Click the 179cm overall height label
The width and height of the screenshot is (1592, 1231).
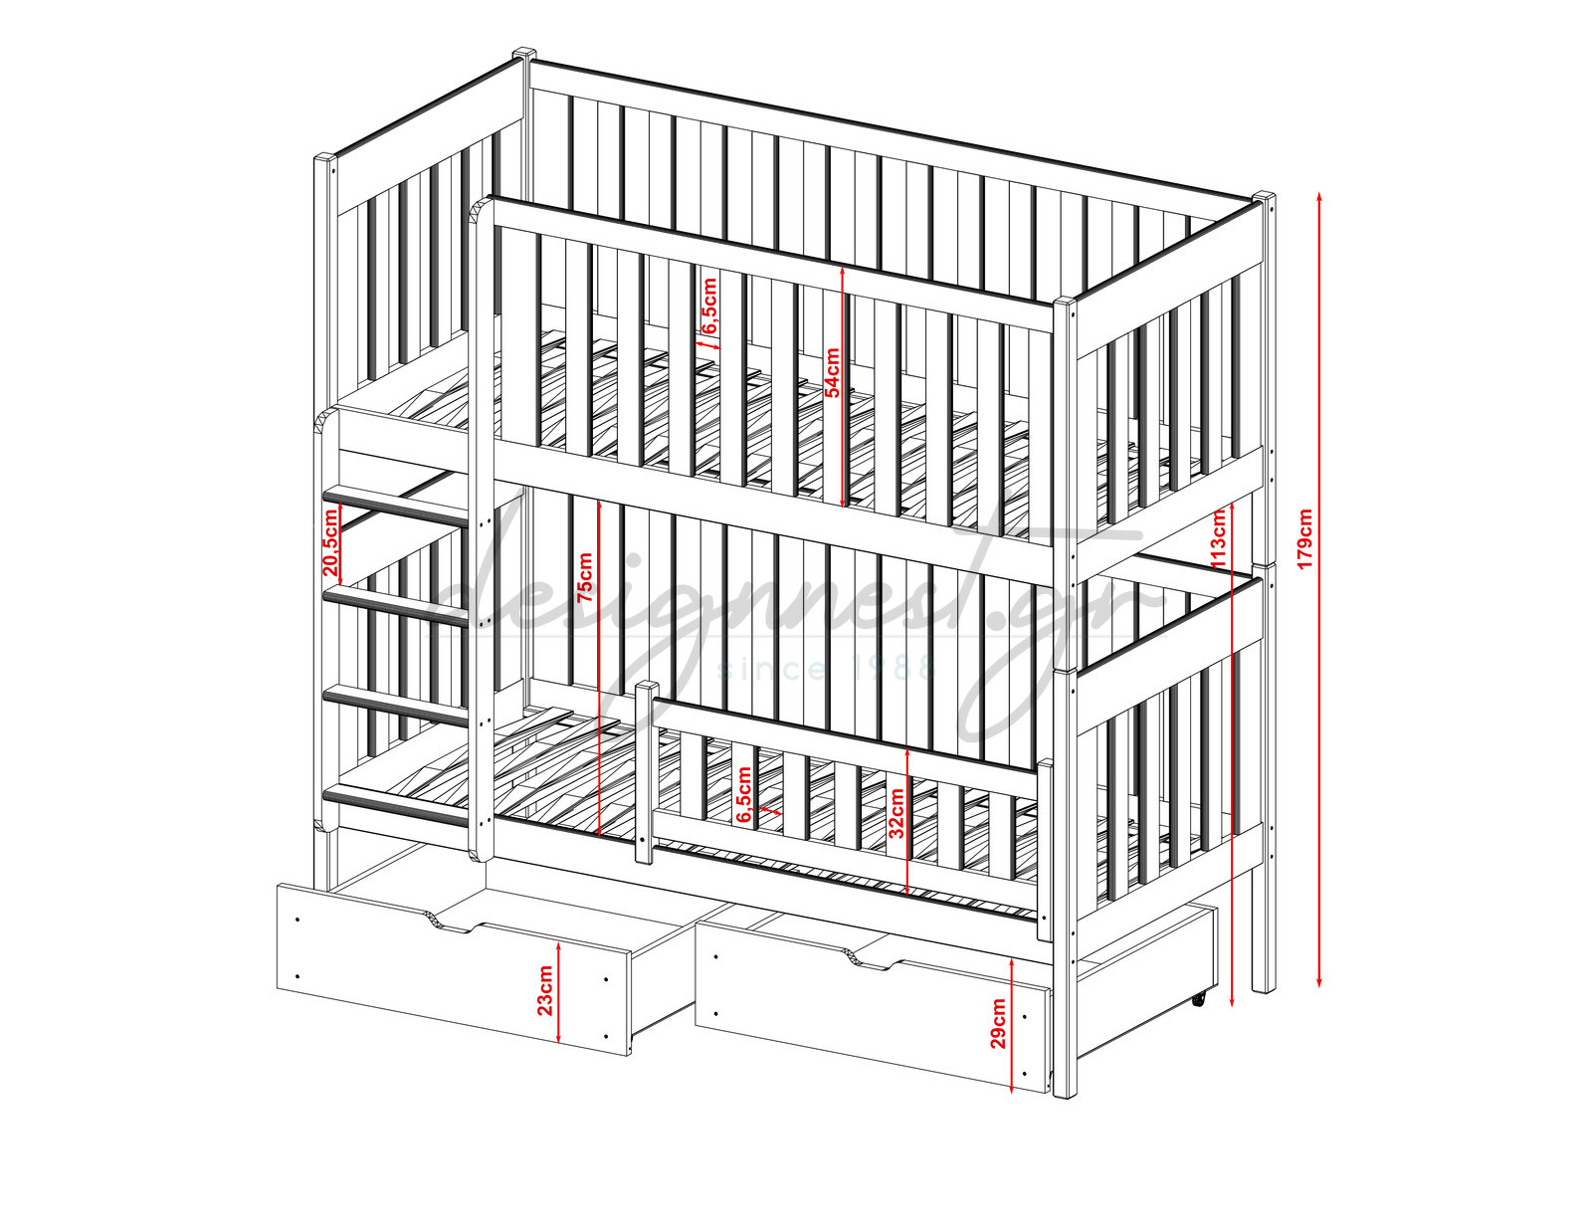click(1303, 539)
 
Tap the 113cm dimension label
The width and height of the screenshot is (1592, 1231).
click(1218, 538)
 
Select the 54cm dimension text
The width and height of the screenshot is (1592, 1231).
click(832, 373)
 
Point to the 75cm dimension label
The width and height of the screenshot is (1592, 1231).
click(585, 578)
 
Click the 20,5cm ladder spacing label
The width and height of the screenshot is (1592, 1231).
click(330, 542)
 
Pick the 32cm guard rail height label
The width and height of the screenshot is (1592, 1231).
click(896, 813)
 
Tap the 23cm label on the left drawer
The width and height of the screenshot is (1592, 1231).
click(545, 990)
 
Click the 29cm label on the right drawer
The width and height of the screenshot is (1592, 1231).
click(998, 1024)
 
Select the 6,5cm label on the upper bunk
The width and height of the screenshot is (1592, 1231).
click(709, 306)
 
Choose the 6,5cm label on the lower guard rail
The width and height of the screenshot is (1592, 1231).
click(743, 794)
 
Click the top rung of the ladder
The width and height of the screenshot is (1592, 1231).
click(396, 506)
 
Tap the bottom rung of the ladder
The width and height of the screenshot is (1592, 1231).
click(396, 807)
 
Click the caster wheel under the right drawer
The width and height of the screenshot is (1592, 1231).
click(1199, 999)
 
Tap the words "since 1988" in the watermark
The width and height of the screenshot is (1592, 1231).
click(827, 670)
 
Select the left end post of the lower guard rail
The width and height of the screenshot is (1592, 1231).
click(646, 772)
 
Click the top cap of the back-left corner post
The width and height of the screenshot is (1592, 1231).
click(523, 54)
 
